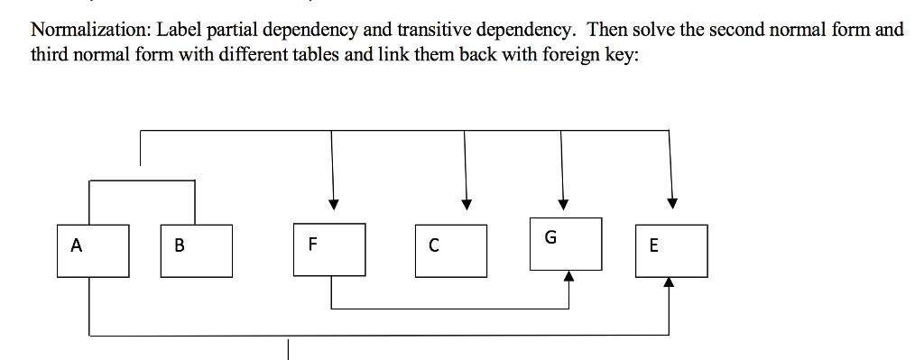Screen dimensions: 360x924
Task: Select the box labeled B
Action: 196,250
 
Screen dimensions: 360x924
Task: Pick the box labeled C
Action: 451,250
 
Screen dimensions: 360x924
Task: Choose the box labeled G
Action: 566,243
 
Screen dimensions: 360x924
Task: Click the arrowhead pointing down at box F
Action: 333,204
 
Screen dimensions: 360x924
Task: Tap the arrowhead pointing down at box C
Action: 466,204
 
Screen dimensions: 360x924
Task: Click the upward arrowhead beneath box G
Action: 568,276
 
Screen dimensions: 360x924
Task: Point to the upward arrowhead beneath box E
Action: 669,282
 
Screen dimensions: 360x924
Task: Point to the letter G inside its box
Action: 550,238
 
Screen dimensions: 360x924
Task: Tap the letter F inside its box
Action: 312,243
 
